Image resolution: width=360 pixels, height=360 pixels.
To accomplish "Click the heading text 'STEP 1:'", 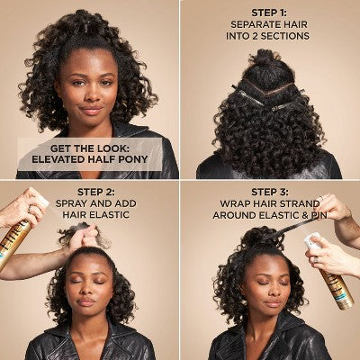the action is [x=269, y=13].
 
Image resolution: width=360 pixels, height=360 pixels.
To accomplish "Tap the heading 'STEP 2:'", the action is [x=96, y=192].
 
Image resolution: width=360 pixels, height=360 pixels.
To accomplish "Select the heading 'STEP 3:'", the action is [x=270, y=192].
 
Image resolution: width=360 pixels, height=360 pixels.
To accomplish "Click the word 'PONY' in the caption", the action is [x=133, y=159].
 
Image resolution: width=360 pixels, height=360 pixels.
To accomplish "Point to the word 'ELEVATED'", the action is [x=58, y=159].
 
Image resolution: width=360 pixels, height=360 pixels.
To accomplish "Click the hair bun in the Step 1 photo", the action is [x=265, y=58].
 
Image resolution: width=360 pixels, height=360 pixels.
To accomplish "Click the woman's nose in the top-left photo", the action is [x=91, y=94].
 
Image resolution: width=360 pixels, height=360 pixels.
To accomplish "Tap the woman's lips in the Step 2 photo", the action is [x=86, y=301].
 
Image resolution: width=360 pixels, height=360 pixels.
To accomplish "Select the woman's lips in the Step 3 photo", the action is [x=273, y=303].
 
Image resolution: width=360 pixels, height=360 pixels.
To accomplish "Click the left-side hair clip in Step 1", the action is [x=247, y=95].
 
